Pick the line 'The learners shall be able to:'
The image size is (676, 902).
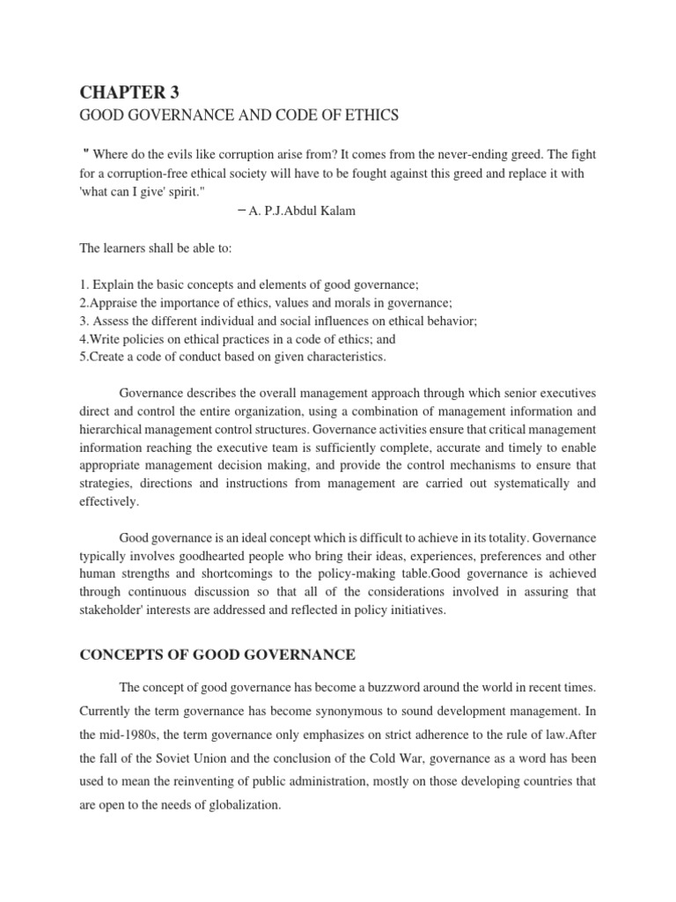(x=155, y=249)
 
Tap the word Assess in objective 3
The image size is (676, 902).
(x=113, y=322)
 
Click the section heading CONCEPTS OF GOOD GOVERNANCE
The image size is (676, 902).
(x=217, y=654)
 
